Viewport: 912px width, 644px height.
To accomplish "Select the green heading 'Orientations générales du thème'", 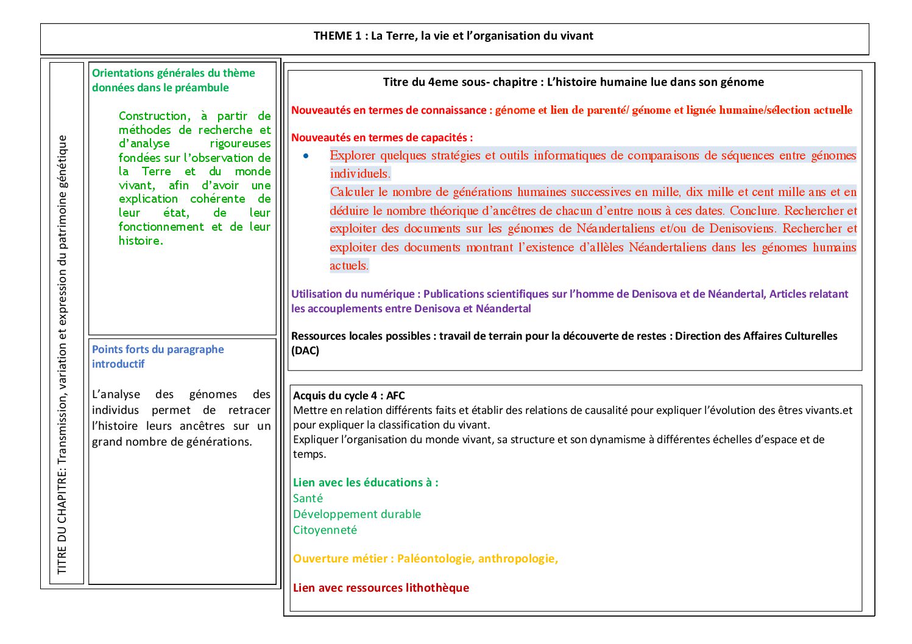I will [x=174, y=73].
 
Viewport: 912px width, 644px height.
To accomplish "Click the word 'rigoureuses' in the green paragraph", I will [x=240, y=144].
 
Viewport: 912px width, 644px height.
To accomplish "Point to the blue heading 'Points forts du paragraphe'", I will [x=158, y=349].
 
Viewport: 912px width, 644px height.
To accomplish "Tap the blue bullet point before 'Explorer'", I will [x=306, y=156].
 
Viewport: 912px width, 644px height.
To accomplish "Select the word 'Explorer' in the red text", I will [x=353, y=156].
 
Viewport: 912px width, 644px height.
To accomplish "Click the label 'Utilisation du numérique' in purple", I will [x=353, y=294].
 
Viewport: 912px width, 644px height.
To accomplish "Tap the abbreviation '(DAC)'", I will [x=305, y=351].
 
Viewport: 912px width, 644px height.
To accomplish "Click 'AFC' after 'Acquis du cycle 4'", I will [x=395, y=396].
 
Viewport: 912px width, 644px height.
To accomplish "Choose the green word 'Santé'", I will [x=308, y=499].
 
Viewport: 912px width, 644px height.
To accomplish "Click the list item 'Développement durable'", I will [x=357, y=514].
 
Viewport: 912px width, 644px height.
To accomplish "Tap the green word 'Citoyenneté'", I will [x=325, y=530].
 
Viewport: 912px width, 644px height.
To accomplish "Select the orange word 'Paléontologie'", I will [x=434, y=559].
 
